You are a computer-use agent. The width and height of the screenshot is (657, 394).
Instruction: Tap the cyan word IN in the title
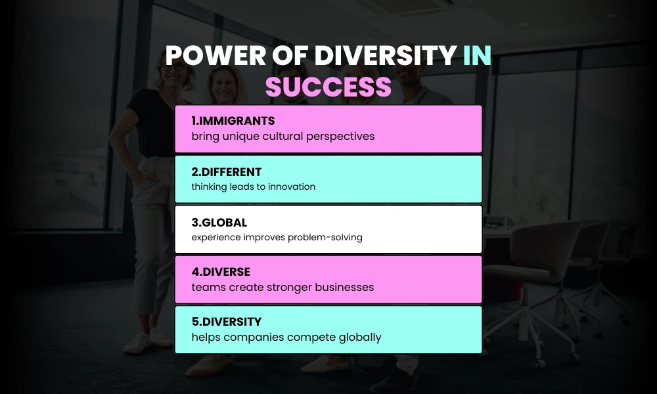(x=476, y=56)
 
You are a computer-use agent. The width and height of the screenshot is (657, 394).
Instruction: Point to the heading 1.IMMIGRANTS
(x=233, y=121)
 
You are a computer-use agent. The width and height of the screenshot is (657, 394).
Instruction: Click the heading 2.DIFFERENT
(x=227, y=172)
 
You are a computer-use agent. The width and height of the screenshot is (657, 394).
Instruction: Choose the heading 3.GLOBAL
(x=219, y=223)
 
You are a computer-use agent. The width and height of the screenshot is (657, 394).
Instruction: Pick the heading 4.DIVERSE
(x=221, y=272)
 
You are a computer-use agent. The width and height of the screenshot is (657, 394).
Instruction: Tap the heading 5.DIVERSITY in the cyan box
(x=227, y=322)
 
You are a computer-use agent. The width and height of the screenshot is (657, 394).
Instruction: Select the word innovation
(x=290, y=186)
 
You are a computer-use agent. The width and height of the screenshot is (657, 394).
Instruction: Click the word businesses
(x=342, y=287)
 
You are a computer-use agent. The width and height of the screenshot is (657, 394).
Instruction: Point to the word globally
(x=358, y=338)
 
